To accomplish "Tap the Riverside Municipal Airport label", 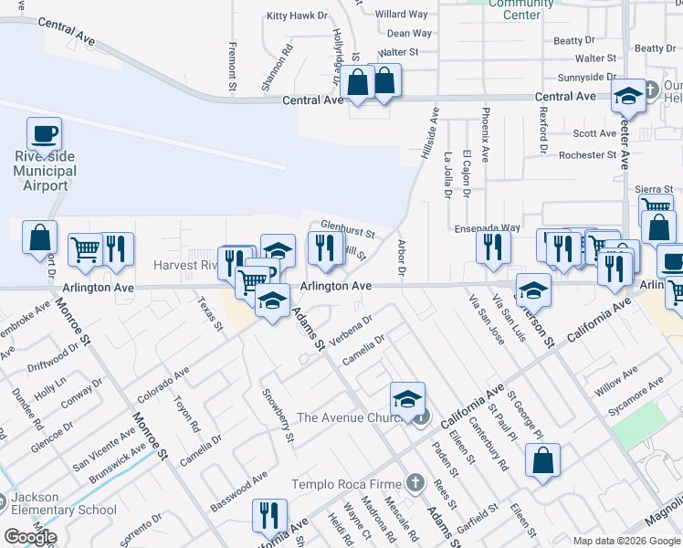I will pyautogui.click(x=45, y=171).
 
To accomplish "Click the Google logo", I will pyautogui.click(x=30, y=537).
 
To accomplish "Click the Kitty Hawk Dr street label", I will pyautogui.click(x=296, y=16).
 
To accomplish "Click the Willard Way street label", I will pyautogui.click(x=402, y=15).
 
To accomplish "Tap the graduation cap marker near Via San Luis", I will pyautogui.click(x=533, y=291).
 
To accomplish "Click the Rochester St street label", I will pyautogui.click(x=588, y=155).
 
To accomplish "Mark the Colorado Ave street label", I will pyautogui.click(x=163, y=385).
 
